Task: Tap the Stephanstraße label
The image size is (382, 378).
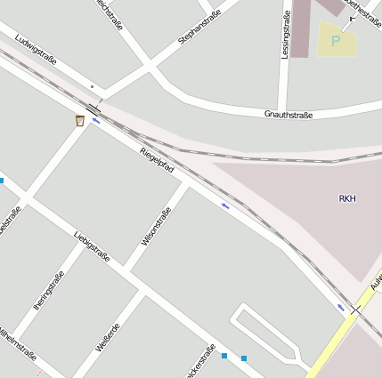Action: pos(199,28)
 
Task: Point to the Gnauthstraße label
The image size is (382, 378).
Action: pos(289,115)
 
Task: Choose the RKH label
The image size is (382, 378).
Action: pos(347,198)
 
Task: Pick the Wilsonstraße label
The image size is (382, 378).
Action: pos(156,227)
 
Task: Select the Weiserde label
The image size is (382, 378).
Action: pos(108,336)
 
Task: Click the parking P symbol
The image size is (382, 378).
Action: pos(336,40)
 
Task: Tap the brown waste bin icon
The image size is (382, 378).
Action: pos(80,120)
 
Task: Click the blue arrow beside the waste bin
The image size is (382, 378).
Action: pos(95,120)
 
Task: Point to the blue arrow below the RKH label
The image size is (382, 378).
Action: pos(224,205)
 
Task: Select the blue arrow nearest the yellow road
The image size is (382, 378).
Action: pos(340,307)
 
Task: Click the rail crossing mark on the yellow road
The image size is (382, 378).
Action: pos(355,310)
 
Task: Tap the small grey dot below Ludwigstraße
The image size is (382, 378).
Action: pos(92,86)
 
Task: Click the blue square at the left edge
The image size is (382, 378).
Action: pos(2,181)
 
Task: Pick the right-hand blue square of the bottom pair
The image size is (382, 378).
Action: pos(243,358)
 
